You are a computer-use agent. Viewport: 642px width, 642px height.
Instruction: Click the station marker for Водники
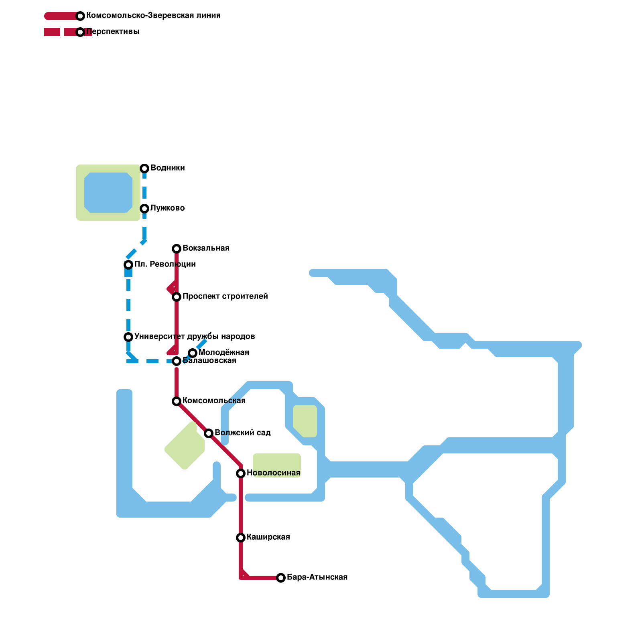point(144,169)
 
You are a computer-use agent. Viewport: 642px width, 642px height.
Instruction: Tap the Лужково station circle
point(144,209)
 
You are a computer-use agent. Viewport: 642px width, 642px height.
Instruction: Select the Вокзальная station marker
point(177,249)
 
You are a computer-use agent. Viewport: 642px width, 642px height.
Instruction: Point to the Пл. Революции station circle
point(128,265)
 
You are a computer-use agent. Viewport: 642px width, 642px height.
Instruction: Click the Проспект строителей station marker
point(177,297)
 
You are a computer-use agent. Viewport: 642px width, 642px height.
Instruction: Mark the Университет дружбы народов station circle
point(128,337)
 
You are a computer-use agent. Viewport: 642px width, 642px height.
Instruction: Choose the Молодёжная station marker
point(193,353)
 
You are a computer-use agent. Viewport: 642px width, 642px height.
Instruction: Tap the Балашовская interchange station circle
point(177,361)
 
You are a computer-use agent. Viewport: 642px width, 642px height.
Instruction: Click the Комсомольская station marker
point(177,401)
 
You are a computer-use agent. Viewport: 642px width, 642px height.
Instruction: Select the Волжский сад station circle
point(209,433)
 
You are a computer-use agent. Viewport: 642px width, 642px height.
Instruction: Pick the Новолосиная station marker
point(241,473)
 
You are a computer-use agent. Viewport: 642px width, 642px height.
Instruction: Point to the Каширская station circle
point(241,538)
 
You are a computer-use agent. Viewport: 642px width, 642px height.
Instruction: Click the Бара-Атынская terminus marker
point(281,578)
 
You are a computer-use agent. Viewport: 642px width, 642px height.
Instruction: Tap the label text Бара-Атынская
point(317,577)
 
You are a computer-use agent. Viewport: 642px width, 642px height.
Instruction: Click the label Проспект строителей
point(225,296)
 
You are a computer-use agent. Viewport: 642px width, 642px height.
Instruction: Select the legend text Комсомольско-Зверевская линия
point(153,15)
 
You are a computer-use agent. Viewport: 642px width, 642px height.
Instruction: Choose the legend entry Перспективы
point(113,31)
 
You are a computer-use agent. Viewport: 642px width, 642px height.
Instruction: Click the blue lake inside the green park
point(108,193)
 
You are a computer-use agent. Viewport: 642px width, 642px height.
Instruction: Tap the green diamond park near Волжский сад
point(185,445)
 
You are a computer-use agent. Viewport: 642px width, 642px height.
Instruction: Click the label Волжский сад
point(242,433)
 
